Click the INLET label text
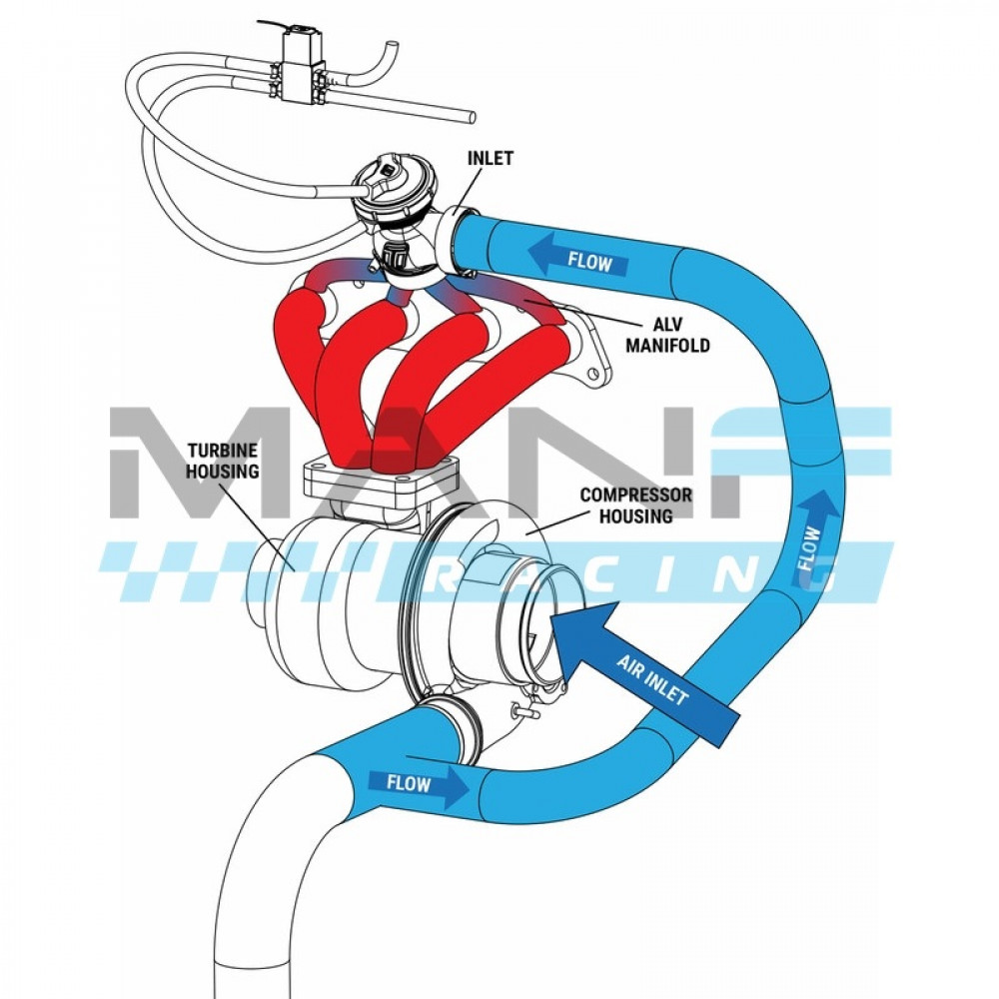(490, 158)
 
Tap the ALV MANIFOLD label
(667, 335)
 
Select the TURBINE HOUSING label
(223, 461)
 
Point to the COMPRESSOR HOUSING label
(635, 504)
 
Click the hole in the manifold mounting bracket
(594, 373)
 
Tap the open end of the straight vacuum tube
(473, 117)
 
